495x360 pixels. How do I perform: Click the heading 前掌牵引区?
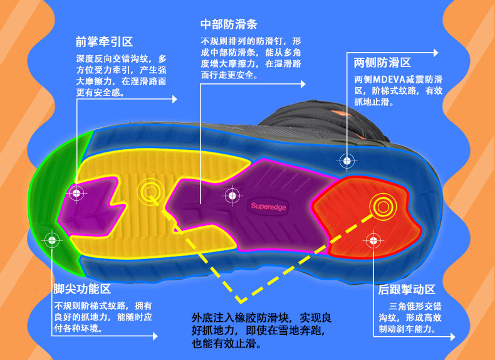point(104,43)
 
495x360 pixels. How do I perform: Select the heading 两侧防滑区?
point(382,63)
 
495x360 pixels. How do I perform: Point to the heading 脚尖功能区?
point(82,289)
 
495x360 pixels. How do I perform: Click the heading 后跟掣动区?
point(407,290)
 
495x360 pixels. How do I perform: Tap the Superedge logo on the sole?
point(268,205)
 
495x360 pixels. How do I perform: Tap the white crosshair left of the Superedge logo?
point(231,196)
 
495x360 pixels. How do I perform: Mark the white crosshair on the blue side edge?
point(345,160)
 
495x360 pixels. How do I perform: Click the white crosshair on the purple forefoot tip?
point(76,193)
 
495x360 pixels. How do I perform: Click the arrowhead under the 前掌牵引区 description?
point(174,98)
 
